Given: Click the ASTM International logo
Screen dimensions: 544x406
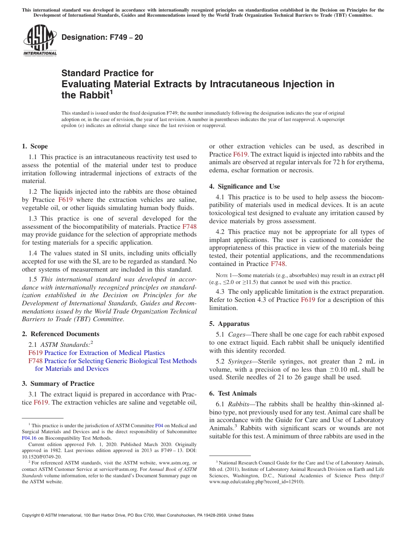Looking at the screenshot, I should click(40, 41).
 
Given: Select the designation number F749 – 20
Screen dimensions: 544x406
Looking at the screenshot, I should click(102, 38).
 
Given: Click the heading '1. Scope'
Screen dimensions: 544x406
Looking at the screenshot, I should click(35, 146).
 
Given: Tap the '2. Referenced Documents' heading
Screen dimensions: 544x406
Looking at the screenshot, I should click(60, 334).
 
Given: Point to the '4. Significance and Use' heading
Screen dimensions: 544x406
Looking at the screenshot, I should click(244, 186).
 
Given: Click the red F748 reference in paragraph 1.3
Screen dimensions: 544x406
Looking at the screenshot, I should click(189, 227).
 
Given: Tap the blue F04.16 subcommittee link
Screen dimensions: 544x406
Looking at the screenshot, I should click(28, 438).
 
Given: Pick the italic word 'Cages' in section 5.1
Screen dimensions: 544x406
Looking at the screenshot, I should click(237, 334).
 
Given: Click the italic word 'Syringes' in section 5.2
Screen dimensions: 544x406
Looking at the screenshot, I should click(240, 361).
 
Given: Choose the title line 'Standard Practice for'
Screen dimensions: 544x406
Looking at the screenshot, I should click(107, 73).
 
